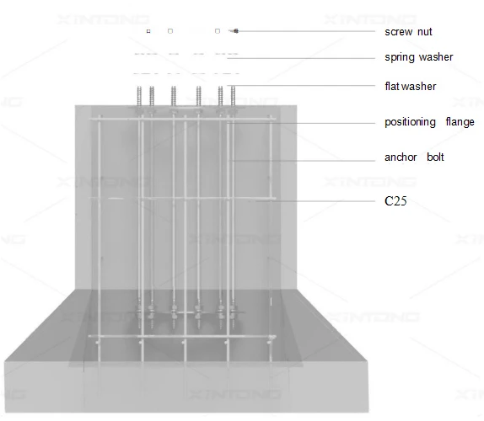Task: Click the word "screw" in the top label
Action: [x=399, y=32]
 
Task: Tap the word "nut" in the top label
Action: [x=425, y=32]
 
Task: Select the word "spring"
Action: [x=400, y=57]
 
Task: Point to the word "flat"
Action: [x=391, y=86]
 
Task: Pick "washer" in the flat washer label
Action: [x=417, y=86]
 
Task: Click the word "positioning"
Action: [x=410, y=122]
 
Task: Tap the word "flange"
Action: [x=460, y=122]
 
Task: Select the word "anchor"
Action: [x=401, y=157]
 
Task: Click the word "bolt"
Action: [x=435, y=157]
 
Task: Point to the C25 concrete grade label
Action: [x=395, y=201]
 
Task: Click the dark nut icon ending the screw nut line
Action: [x=235, y=31]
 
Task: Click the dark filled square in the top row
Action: [x=148, y=31]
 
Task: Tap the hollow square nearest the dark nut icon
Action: [x=218, y=31]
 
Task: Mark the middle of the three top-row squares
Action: [x=170, y=31]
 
